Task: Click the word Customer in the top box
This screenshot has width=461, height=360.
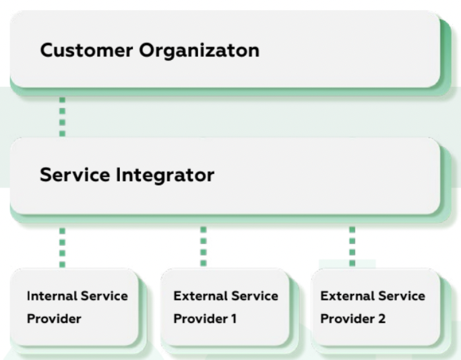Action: [86, 50]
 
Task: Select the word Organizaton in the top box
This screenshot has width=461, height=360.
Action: [199, 51]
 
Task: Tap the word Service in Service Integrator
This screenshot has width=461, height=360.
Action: [75, 175]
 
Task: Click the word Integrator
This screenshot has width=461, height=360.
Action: [165, 175]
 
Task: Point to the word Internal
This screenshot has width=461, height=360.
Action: [52, 296]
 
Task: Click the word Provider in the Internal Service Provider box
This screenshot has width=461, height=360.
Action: [54, 319]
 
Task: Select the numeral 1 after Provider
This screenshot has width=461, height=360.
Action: [234, 319]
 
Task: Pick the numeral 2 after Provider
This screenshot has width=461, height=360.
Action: [381, 319]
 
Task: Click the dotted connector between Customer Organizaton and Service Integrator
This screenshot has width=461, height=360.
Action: [62, 117]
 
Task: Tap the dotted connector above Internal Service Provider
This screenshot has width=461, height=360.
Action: [62, 247]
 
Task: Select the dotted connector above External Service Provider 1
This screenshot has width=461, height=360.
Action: [203, 247]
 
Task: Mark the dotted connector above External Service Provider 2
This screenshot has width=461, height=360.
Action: [352, 247]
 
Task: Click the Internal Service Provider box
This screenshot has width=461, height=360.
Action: [74, 307]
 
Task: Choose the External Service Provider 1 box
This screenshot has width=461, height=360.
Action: [225, 307]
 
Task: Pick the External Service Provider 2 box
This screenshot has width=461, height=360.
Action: [375, 307]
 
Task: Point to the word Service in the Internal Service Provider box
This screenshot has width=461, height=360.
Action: [104, 296]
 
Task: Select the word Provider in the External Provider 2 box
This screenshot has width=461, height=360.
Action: [348, 319]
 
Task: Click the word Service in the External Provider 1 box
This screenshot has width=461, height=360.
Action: [254, 296]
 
